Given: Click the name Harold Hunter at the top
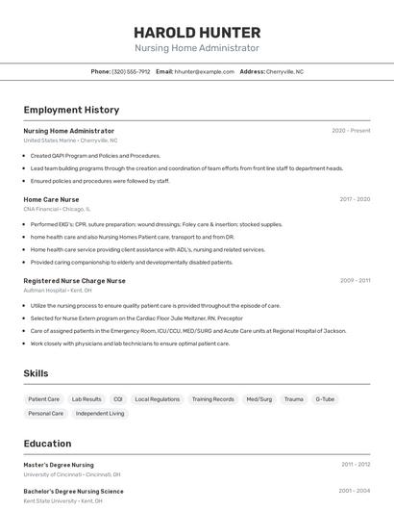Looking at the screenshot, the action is [196, 31].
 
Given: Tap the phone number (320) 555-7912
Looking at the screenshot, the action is [131, 71].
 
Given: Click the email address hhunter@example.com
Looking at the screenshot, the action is [203, 71].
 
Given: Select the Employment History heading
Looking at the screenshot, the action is [71, 110].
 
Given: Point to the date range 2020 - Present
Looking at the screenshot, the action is [351, 131].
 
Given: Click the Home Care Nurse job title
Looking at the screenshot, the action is [51, 199].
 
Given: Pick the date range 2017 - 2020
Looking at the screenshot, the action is [355, 199].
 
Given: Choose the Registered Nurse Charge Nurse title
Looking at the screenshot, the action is [74, 281].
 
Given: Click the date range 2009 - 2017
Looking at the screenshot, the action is [355, 281].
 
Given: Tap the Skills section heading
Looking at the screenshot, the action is [36, 373].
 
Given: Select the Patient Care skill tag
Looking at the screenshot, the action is [43, 398].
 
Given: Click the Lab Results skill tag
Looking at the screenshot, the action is [86, 398].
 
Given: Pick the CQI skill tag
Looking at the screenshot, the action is [118, 398].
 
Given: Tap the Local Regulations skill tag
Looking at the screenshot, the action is [157, 398].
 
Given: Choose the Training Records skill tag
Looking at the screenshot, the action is [212, 398].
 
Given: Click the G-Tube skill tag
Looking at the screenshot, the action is [325, 398].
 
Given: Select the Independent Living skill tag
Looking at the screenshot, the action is [100, 414].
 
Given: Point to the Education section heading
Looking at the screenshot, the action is [47, 444].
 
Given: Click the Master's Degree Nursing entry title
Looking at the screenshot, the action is [59, 465].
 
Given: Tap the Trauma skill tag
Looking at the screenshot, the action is [293, 398].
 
